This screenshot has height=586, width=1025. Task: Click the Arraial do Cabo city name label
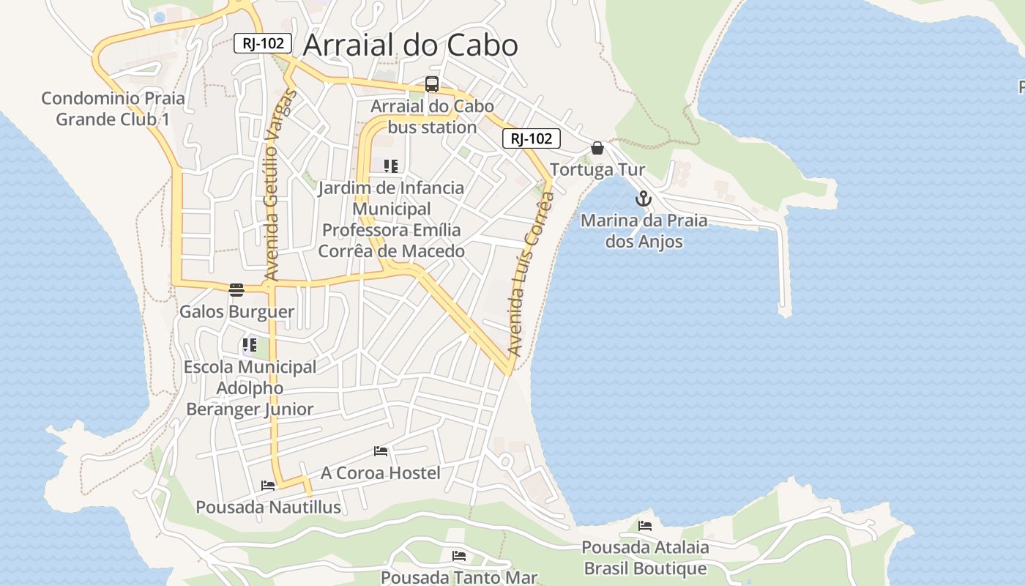click(410, 45)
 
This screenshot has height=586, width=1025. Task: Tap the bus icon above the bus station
click(432, 84)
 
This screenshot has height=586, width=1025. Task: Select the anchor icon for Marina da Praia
click(643, 199)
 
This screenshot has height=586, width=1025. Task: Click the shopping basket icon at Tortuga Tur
click(597, 148)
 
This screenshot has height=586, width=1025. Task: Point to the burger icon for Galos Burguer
click(236, 290)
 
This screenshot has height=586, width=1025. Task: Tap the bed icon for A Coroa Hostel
click(381, 450)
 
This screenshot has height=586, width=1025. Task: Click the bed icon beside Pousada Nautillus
click(268, 485)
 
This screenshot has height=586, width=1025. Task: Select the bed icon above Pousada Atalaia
click(644, 525)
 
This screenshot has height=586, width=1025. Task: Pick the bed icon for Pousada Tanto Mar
click(459, 555)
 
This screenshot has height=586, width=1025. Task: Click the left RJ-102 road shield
click(263, 43)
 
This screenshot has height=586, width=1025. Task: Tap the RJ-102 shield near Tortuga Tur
click(531, 138)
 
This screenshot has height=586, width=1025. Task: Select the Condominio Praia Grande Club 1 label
click(113, 108)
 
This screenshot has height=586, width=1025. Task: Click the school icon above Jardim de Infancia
click(391, 166)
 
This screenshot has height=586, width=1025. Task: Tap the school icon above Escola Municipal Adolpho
click(250, 344)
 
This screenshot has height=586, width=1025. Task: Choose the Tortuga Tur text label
click(597, 170)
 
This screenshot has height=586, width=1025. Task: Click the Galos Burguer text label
click(236, 312)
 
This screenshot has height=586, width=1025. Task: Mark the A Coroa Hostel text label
click(381, 473)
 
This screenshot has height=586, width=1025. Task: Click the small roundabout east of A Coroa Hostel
click(504, 461)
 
